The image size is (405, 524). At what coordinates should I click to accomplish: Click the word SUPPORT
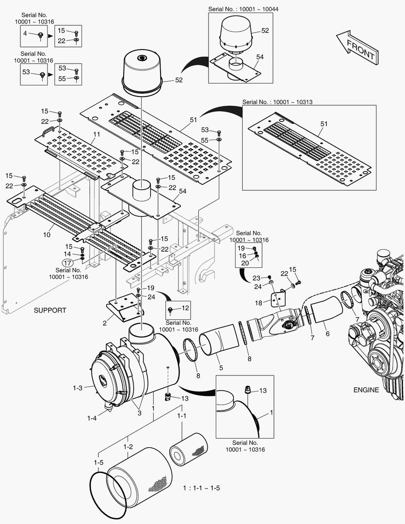coord(49,310)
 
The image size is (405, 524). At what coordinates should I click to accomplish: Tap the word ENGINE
coord(366,390)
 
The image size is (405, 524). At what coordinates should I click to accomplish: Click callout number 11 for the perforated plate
coord(96,134)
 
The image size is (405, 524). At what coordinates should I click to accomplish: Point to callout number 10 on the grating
coord(47,234)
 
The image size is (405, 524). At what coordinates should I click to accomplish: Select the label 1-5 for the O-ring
coord(98,462)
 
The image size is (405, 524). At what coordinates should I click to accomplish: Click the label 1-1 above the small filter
coord(181,416)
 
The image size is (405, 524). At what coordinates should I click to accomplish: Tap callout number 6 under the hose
coord(327,334)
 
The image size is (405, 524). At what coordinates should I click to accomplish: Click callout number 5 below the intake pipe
coord(221,368)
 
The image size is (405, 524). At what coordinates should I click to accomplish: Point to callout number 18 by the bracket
coord(259,303)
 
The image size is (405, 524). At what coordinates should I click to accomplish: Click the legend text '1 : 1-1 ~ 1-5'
coord(201,488)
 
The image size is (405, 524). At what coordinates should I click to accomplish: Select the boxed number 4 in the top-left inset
coord(25,33)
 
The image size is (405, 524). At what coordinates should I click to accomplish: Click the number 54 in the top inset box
coord(260,57)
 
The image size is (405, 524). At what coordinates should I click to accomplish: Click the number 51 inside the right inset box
coord(324,124)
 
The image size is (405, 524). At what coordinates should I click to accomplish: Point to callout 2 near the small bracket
coord(104,322)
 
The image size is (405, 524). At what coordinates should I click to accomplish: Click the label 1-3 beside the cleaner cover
coord(78,388)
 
